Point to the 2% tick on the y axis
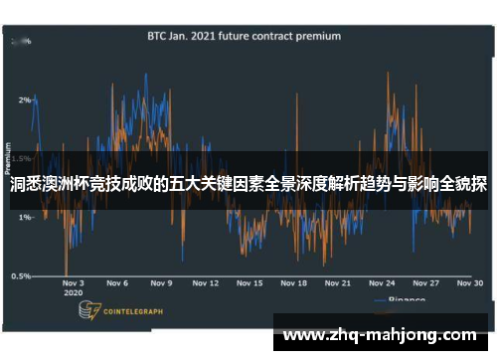[x=24, y=99]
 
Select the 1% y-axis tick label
[x=24, y=217]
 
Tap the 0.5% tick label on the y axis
[x=20, y=275]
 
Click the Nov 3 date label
[x=75, y=283]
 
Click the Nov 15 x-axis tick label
[x=249, y=283]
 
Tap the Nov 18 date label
[x=294, y=283]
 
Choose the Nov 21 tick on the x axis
[x=339, y=283]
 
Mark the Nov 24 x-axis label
[x=383, y=283]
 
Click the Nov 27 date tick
[x=427, y=283]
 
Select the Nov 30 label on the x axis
[x=471, y=283]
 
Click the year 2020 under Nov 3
[x=73, y=294]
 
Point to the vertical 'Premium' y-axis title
[x=9, y=159]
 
